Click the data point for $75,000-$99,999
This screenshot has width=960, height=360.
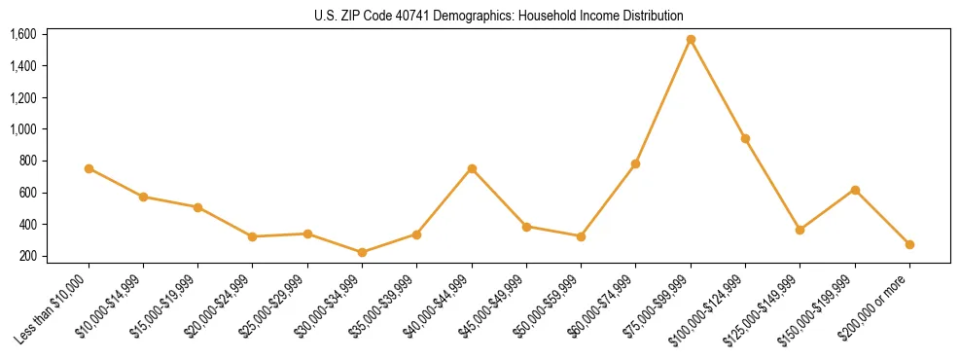point(691,40)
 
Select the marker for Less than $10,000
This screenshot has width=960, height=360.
point(89,168)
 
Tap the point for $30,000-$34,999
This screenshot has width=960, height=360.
point(362,252)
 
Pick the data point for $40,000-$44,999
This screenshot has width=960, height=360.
point(472,168)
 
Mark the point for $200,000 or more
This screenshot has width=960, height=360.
point(909,244)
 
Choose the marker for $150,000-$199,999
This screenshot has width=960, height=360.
point(855,190)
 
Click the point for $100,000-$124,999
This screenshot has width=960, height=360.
point(745,138)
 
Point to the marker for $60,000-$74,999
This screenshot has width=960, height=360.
point(635,163)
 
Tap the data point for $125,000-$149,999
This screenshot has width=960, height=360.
point(800,230)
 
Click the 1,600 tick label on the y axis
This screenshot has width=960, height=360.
point(23,34)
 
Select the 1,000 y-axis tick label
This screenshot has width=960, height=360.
point(23,129)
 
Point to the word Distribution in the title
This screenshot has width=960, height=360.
point(654,17)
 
